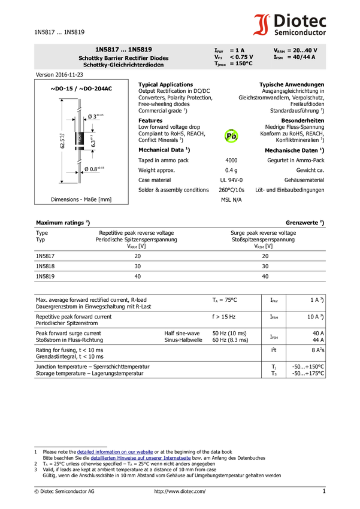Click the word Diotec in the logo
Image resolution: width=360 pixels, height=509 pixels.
(x=300, y=20)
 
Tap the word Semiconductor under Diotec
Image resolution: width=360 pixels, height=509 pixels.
(x=300, y=32)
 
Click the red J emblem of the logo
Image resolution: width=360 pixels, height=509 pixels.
(x=262, y=25)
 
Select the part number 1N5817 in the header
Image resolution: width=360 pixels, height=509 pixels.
(x=107, y=50)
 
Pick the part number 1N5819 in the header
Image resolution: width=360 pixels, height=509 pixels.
(x=140, y=50)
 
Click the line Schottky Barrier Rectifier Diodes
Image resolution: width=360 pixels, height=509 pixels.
(x=123, y=58)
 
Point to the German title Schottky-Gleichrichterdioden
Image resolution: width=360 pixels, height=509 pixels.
(x=123, y=65)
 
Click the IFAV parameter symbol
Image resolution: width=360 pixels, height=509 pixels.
(x=219, y=50)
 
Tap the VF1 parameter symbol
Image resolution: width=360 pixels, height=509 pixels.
(x=218, y=57)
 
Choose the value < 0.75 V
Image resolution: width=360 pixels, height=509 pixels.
(x=241, y=57)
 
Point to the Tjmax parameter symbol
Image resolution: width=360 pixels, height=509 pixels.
(x=220, y=63)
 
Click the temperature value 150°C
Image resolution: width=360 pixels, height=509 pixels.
(x=241, y=63)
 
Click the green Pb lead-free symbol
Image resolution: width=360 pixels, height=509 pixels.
(x=231, y=137)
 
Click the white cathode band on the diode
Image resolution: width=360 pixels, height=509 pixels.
(x=79, y=146)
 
